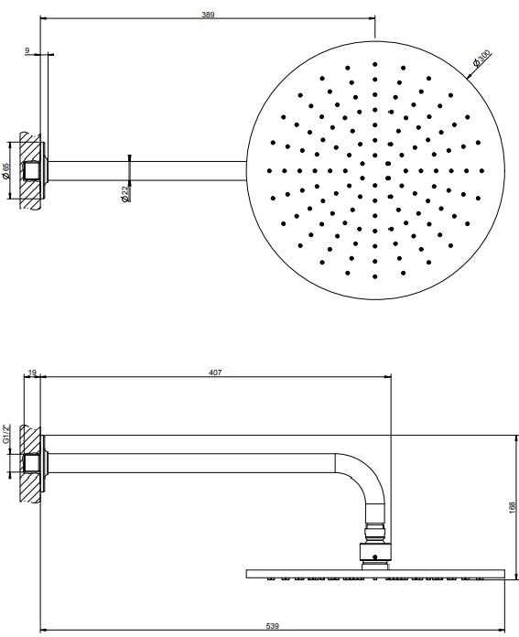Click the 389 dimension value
click(208, 15)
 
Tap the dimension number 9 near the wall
click(27, 50)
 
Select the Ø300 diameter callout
click(482, 58)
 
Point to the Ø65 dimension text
click(5, 171)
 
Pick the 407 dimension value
click(215, 372)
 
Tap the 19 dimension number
click(33, 372)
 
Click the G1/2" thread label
click(5, 435)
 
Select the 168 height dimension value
click(512, 508)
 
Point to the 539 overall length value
click(272, 626)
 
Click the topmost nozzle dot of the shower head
click(374, 64)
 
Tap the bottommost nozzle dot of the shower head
click(374, 276)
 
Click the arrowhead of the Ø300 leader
click(468, 76)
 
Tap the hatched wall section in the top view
click(30, 171)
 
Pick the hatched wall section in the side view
click(30, 463)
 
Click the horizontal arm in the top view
click(147, 170)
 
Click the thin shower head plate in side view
click(375, 574)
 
